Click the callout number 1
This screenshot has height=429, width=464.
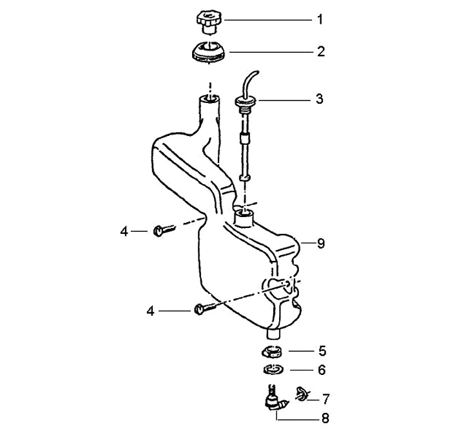point(320,19)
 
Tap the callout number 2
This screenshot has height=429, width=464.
point(320,51)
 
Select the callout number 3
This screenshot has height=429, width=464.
point(320,100)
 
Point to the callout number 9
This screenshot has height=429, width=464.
point(320,243)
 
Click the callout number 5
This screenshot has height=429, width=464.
point(322,352)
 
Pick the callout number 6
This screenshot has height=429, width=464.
point(322,370)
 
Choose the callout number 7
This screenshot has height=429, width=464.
point(325,398)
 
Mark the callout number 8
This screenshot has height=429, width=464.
point(325,418)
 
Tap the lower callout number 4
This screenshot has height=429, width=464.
point(150,310)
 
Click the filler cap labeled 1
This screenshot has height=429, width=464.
point(208,20)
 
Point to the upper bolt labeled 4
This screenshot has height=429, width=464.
point(162,229)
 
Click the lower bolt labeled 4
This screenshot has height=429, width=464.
point(201,310)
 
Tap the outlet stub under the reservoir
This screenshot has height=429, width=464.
point(274,334)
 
